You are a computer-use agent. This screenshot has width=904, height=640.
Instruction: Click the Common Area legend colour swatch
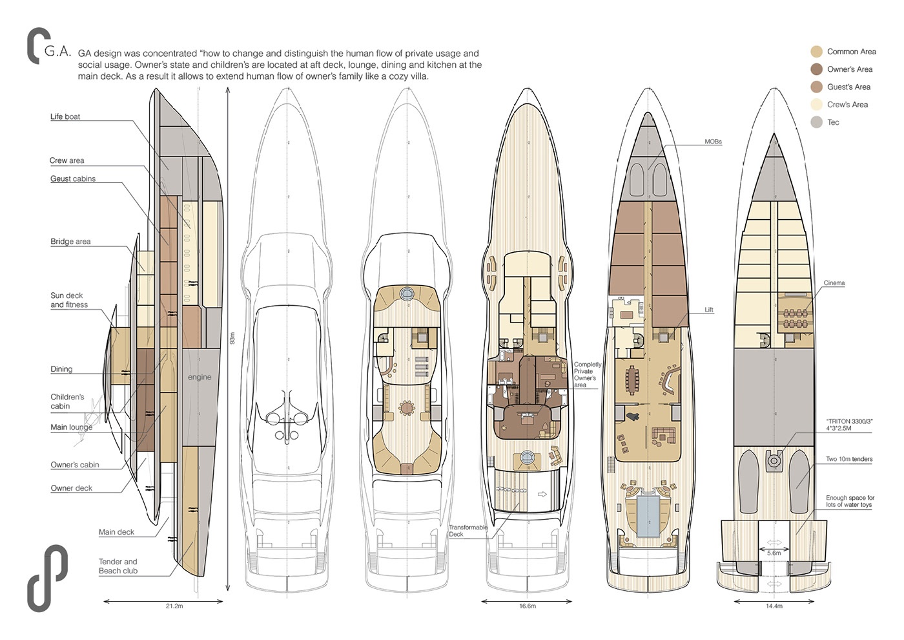click(x=817, y=52)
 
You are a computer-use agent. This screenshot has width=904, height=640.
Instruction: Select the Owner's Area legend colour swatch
click(x=817, y=69)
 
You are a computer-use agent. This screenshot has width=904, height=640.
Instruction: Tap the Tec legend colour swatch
click(x=817, y=122)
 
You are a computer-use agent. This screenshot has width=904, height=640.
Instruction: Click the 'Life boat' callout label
click(x=65, y=117)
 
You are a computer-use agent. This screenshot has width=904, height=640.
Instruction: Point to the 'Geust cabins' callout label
click(x=73, y=179)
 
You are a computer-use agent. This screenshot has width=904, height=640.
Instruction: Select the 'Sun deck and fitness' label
click(x=68, y=300)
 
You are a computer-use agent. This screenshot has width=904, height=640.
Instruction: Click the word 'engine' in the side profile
click(x=200, y=377)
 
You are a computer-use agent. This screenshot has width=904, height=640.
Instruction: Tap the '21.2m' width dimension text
click(x=174, y=606)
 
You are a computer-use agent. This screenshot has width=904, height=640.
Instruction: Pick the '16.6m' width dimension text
click(x=528, y=606)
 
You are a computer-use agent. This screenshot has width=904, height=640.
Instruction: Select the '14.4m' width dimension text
click(x=774, y=606)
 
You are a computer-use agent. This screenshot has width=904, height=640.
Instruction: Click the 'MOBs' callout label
click(x=713, y=142)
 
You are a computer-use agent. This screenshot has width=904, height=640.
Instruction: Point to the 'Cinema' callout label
click(x=834, y=283)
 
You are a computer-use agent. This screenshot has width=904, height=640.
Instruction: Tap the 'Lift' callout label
click(x=709, y=310)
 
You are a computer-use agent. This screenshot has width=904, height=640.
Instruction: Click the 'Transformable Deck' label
click(x=468, y=531)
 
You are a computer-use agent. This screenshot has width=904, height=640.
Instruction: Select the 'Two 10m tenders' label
click(x=849, y=459)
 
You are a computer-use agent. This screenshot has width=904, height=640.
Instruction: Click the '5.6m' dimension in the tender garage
click(x=774, y=553)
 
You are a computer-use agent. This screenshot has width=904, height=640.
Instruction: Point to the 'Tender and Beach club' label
click(x=118, y=566)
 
